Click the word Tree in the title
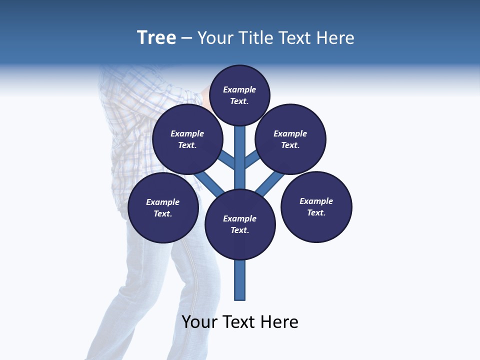point(156,37)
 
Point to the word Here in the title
point(335,37)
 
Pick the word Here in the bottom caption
point(279,322)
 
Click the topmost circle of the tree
point(239,95)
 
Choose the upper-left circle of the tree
point(187,139)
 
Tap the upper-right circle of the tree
point(290,139)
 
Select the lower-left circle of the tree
point(163,208)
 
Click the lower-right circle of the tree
point(316,207)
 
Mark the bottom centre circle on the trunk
point(240,224)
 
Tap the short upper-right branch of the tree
point(252,159)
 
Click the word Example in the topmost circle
point(239,89)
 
